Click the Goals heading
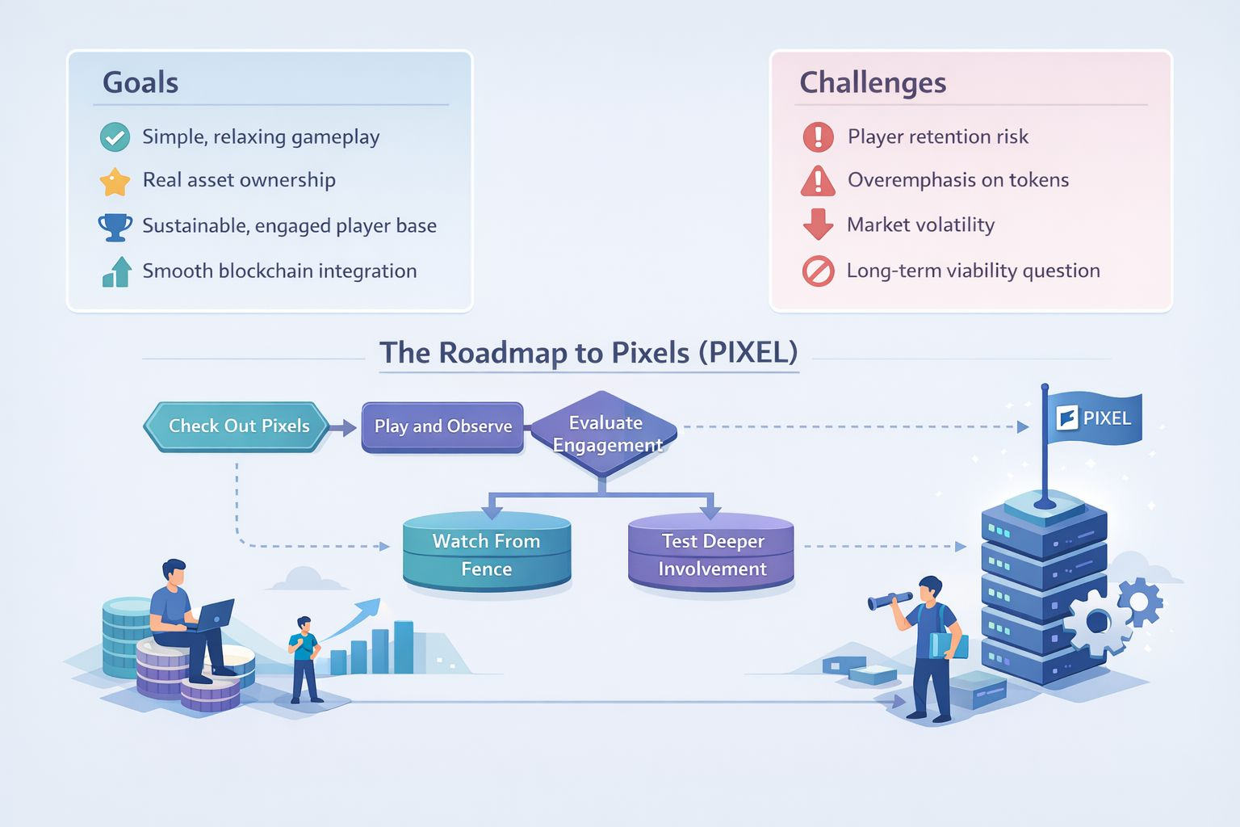pyautogui.click(x=140, y=82)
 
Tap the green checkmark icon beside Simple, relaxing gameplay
pyautogui.click(x=115, y=137)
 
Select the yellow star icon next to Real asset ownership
pyautogui.click(x=115, y=182)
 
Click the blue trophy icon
pyautogui.click(x=115, y=227)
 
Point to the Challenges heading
pyautogui.click(x=873, y=82)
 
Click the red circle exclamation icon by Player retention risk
pyautogui.click(x=818, y=137)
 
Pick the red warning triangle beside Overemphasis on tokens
pyautogui.click(x=818, y=181)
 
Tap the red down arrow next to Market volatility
pyautogui.click(x=818, y=225)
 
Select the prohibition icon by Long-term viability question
pyautogui.click(x=818, y=271)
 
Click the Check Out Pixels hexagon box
pyautogui.click(x=237, y=426)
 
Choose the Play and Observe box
pyautogui.click(x=442, y=426)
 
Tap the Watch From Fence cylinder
pyautogui.click(x=487, y=554)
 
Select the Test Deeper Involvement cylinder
pyautogui.click(x=711, y=554)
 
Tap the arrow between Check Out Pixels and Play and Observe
pyautogui.click(x=344, y=428)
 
